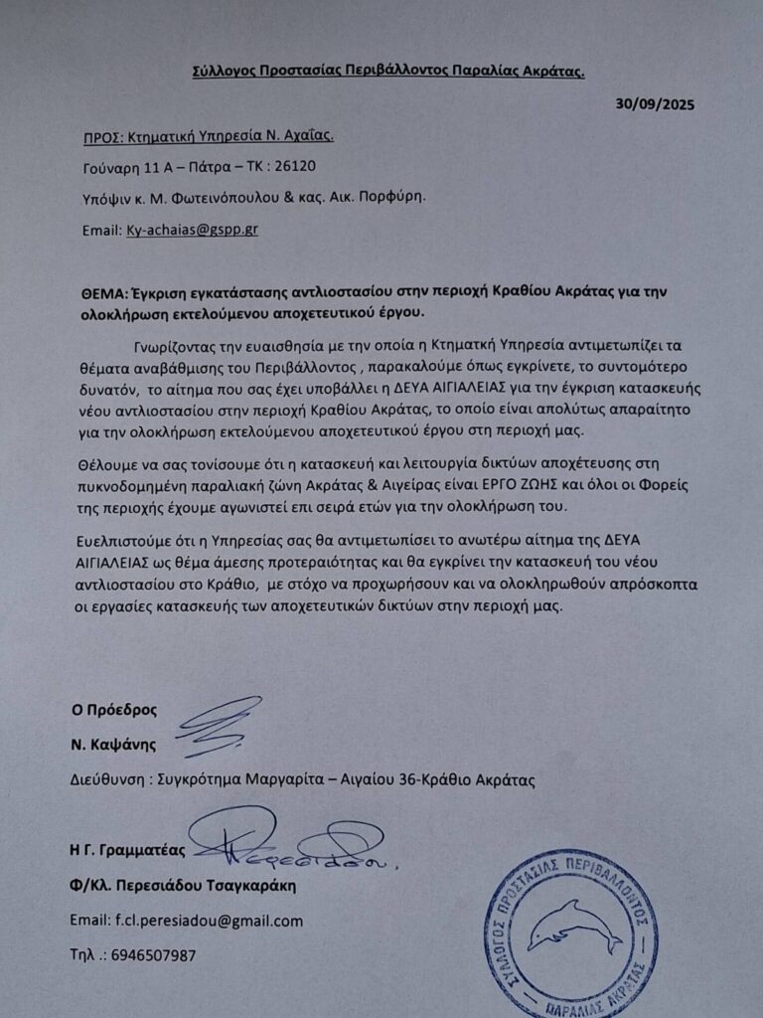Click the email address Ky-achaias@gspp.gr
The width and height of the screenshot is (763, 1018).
[x=198, y=230]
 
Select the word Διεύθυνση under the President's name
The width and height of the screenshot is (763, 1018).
[x=109, y=780]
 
